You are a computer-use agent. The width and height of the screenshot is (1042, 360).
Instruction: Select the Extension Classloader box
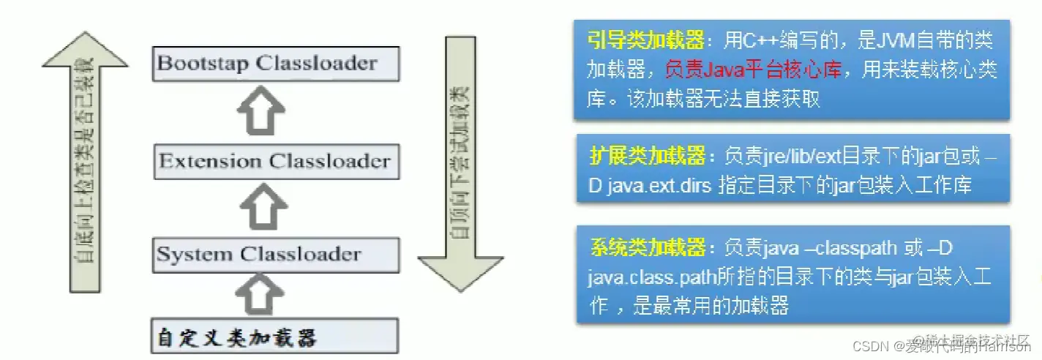coord(277,162)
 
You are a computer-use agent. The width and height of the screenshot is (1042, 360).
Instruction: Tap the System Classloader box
coord(277,255)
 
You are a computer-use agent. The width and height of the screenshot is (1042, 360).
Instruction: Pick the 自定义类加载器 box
coord(274,337)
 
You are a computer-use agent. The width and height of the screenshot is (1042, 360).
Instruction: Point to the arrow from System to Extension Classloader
coord(262,208)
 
